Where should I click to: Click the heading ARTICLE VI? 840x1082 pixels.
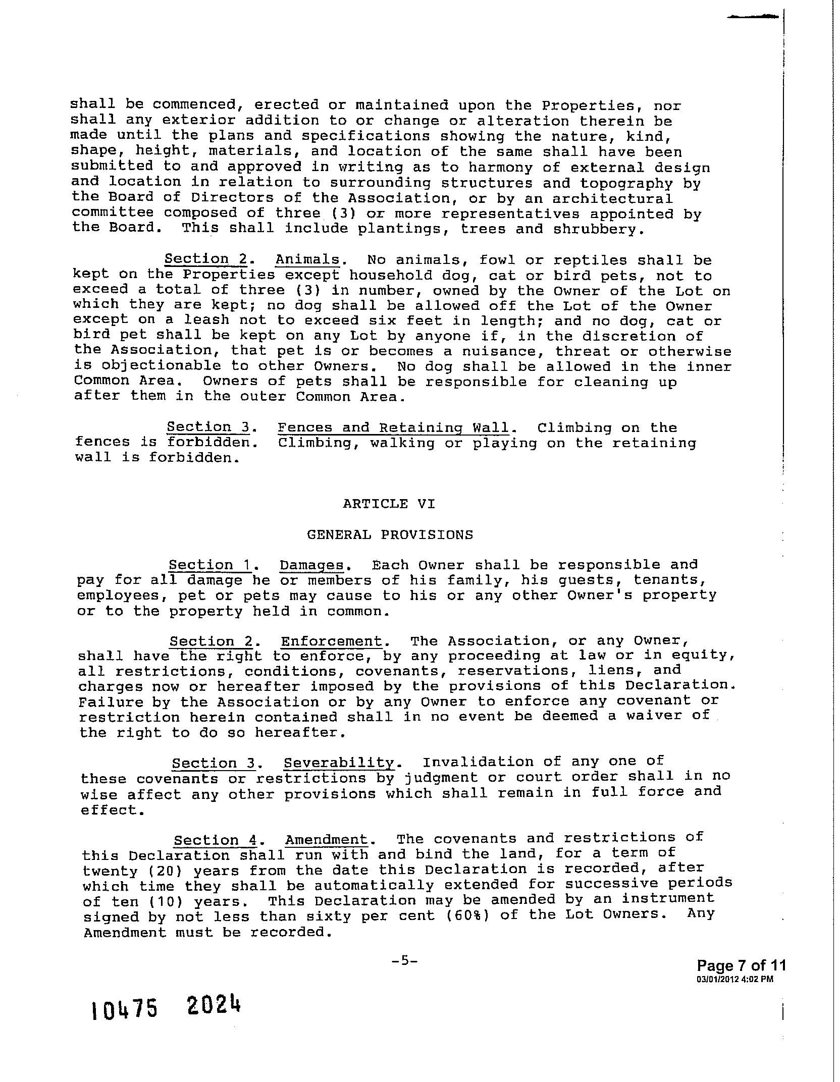pyautogui.click(x=388, y=504)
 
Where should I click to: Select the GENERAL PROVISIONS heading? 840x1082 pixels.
pyautogui.click(x=390, y=534)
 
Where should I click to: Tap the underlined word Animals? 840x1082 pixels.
pyautogui.click(x=307, y=260)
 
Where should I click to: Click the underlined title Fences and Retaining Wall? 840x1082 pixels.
pyautogui.click(x=393, y=428)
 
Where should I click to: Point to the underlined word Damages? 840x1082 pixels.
pyautogui.click(x=311, y=565)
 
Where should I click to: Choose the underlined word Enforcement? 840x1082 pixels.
pyautogui.click(x=331, y=641)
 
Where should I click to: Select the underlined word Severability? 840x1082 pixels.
pyautogui.click(x=338, y=763)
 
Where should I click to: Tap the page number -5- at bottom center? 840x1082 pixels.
pyautogui.click(x=404, y=961)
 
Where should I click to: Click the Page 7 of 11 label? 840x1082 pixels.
pyautogui.click(x=741, y=965)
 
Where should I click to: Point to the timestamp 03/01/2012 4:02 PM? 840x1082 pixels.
pyautogui.click(x=734, y=979)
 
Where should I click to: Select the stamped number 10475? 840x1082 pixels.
pyautogui.click(x=125, y=1010)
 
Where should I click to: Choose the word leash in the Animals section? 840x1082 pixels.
pyautogui.click(x=205, y=320)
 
